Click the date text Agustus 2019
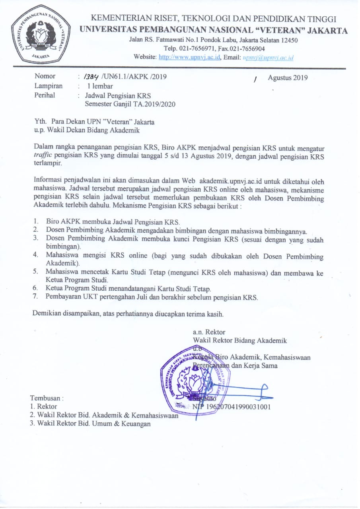click(x=288, y=78)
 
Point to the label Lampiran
click(x=49, y=86)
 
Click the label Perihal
click(x=45, y=95)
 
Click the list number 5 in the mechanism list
click(x=35, y=272)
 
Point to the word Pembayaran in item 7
click(x=65, y=297)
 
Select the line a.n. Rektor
click(x=209, y=332)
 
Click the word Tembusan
click(x=47, y=398)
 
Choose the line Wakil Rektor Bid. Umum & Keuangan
click(x=94, y=424)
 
